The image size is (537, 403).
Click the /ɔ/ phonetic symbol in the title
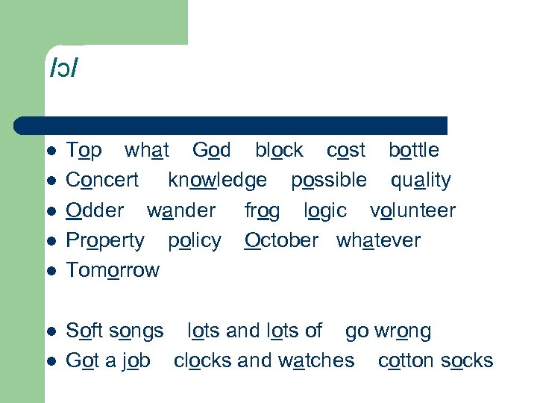pos(64,69)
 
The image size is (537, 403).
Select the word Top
pos(84,151)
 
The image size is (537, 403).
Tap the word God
pos(212,150)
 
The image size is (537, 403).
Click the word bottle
pos(413,150)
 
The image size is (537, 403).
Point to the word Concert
pos(102,180)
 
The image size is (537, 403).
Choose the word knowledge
pos(217,181)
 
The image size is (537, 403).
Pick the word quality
pos(421,181)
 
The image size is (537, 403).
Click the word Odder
pos(95,210)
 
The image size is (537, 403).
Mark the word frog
pos(263,211)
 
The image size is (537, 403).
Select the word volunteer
pos(412,210)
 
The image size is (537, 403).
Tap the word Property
pos(105,241)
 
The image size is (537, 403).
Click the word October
pos(281,240)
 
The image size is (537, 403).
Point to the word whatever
pos(378,240)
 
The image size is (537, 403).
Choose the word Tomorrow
pos(113,270)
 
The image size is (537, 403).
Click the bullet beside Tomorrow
pos(51,271)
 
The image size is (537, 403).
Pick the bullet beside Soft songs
pos(51,331)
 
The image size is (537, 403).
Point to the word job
pos(136,361)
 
